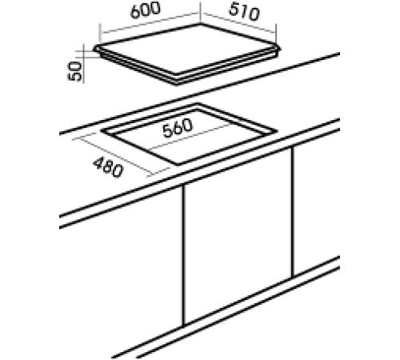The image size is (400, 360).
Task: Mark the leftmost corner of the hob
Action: tap(95, 51)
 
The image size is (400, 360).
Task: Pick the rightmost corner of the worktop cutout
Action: tap(276, 129)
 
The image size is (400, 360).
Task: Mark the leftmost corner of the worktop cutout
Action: tap(102, 132)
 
